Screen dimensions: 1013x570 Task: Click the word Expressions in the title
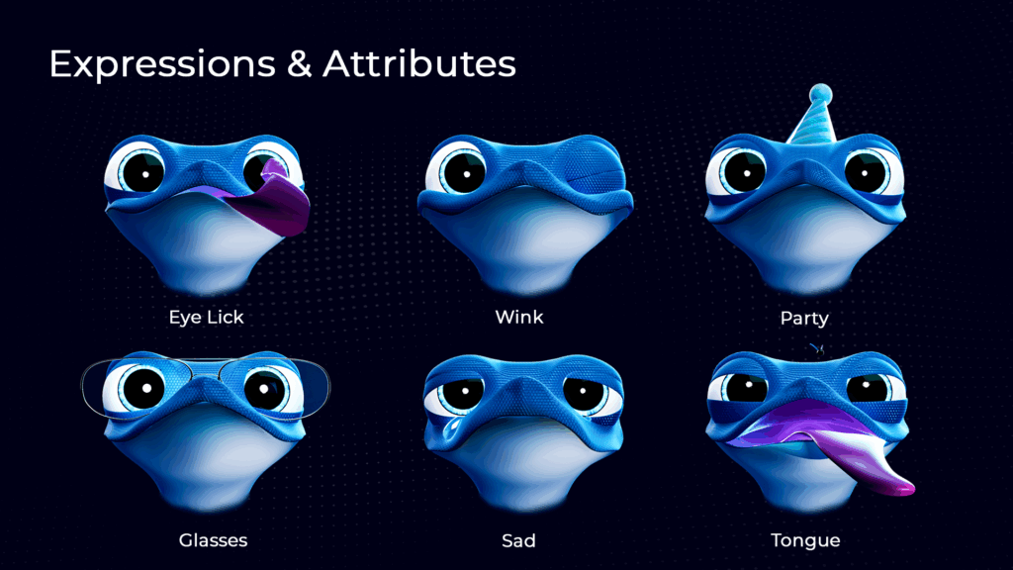tap(162, 64)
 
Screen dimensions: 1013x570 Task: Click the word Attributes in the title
tap(419, 63)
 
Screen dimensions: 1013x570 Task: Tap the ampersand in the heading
tap(299, 63)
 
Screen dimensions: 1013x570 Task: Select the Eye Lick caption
tap(206, 317)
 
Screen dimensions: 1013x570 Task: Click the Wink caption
tap(519, 317)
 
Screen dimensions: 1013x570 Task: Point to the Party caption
tap(804, 318)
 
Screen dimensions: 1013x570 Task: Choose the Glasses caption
tap(214, 540)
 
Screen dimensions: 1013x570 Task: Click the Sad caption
tap(518, 540)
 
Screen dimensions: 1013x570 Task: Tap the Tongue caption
tap(805, 540)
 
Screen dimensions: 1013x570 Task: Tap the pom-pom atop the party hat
tap(820, 93)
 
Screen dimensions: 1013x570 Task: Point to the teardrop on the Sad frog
tap(452, 427)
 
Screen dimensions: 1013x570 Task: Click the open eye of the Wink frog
tap(462, 170)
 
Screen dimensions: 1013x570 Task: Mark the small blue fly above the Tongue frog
tap(818, 348)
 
